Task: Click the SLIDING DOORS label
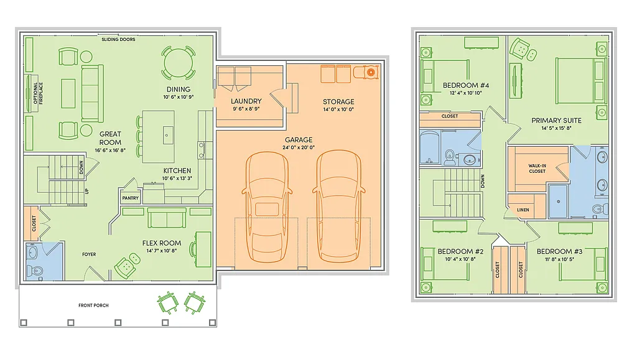pos(118,40)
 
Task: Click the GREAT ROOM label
pos(110,138)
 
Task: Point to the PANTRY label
pos(131,198)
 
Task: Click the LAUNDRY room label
pos(246,101)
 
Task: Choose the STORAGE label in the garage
pos(338,102)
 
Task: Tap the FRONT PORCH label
pos(93,305)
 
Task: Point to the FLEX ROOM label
pos(161,243)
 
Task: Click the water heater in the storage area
pos(371,72)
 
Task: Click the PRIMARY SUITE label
pos(556,121)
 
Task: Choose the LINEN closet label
pos(523,210)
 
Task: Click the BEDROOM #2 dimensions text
pos(460,259)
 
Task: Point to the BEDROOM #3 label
pos(559,251)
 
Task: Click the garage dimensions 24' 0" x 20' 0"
pos(299,148)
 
